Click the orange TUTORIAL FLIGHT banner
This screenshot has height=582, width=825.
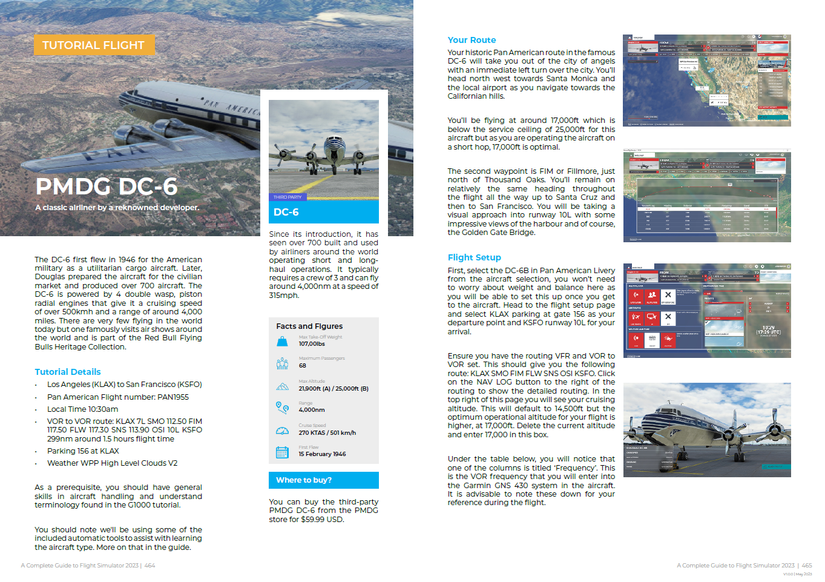click(x=94, y=45)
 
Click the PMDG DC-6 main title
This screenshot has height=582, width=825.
click(x=107, y=187)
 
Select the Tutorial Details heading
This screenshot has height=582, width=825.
click(x=68, y=372)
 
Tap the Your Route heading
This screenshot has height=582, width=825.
click(x=472, y=40)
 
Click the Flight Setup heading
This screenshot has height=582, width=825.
click(x=474, y=257)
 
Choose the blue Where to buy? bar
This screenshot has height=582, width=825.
click(x=323, y=480)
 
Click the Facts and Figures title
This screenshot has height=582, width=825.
click(x=309, y=326)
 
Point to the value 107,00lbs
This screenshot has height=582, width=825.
click(x=312, y=344)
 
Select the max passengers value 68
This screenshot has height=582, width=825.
click(x=303, y=366)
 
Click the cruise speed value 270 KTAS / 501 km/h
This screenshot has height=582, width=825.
click(x=327, y=433)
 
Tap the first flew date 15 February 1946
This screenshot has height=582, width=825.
click(x=322, y=454)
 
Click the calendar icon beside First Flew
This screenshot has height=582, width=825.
click(x=282, y=452)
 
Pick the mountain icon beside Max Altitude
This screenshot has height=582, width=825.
click(x=282, y=386)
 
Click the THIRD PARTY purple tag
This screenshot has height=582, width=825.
click(x=288, y=197)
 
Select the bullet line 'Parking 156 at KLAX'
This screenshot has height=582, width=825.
click(x=83, y=451)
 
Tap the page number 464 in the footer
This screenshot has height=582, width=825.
click(x=150, y=566)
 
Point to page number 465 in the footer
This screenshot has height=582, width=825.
click(x=807, y=566)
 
